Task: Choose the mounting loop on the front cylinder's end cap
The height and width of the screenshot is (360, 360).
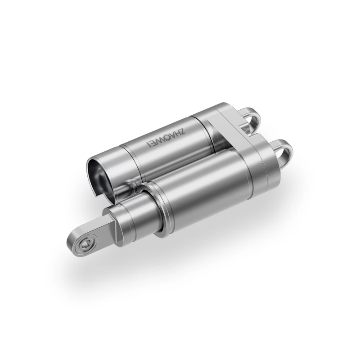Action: click(x=282, y=151)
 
